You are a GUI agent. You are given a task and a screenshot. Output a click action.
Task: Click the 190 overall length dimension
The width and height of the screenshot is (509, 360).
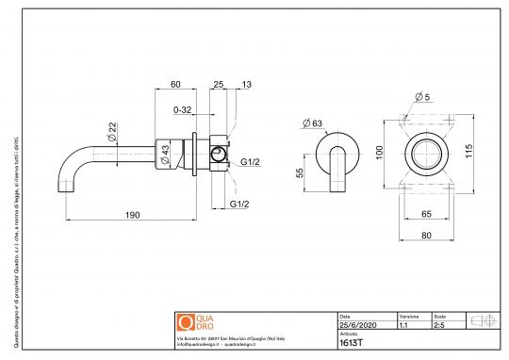(x=132, y=215)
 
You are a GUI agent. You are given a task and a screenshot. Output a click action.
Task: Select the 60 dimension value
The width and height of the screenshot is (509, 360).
(x=175, y=85)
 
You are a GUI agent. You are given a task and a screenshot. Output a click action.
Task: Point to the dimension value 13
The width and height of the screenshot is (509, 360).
(x=246, y=85)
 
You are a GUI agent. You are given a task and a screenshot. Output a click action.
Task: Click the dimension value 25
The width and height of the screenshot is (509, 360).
(x=219, y=85)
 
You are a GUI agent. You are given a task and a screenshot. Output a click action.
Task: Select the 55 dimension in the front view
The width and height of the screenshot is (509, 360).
(x=301, y=172)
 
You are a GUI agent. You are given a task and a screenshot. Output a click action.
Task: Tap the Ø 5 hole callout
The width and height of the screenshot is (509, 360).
(x=421, y=97)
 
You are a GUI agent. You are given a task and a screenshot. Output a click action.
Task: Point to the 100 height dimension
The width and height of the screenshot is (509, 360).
(x=379, y=153)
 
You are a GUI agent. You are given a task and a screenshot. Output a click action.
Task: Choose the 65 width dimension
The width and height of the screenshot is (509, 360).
(x=425, y=214)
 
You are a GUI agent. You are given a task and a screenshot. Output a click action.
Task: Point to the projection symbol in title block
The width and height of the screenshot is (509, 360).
(x=483, y=320)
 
